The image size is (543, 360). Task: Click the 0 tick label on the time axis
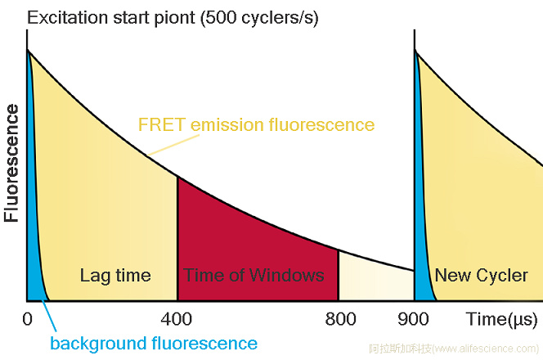click(28, 318)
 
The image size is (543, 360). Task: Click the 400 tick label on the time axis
click(176, 318)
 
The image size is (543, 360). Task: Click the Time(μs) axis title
click(500, 319)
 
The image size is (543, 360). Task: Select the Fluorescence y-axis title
click(12, 163)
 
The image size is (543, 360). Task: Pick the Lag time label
click(115, 275)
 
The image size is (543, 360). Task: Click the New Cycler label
click(481, 275)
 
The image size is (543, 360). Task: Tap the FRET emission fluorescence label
click(256, 125)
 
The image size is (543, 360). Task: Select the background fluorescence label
click(154, 344)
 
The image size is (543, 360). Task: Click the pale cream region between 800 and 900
click(372, 278)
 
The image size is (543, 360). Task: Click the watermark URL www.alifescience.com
click(473, 349)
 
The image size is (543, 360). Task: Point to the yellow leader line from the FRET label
click(168, 144)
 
